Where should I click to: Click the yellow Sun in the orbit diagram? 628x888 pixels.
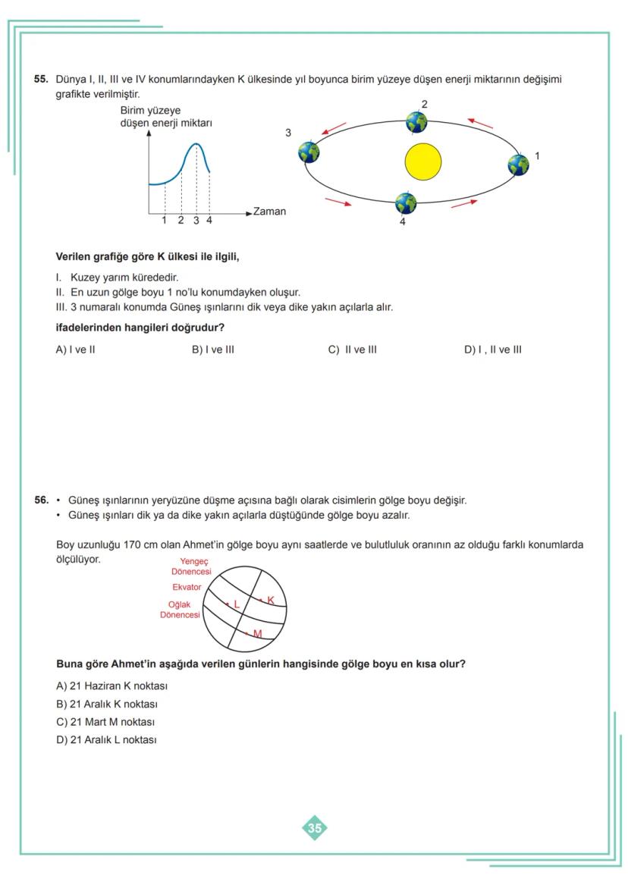coord(422,162)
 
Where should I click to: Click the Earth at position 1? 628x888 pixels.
coord(518,165)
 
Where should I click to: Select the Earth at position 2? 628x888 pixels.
coord(416,121)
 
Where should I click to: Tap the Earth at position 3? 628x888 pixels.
coord(309,152)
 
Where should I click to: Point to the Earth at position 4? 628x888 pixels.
coord(406,203)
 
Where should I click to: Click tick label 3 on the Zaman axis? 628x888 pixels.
coord(196,221)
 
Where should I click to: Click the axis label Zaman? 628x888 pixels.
coord(269,212)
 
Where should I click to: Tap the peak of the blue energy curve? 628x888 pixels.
coord(196,144)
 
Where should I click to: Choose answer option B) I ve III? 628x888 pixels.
coord(213,350)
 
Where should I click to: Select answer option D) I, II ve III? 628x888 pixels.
coord(492,350)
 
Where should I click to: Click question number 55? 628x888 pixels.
coord(41,79)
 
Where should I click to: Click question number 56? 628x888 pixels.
coord(41,500)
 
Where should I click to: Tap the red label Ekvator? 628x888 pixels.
coord(187,587)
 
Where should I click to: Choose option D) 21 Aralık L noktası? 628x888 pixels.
coord(106,740)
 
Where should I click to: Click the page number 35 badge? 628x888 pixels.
coord(315,828)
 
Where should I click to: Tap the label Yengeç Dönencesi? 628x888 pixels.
coord(192,566)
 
